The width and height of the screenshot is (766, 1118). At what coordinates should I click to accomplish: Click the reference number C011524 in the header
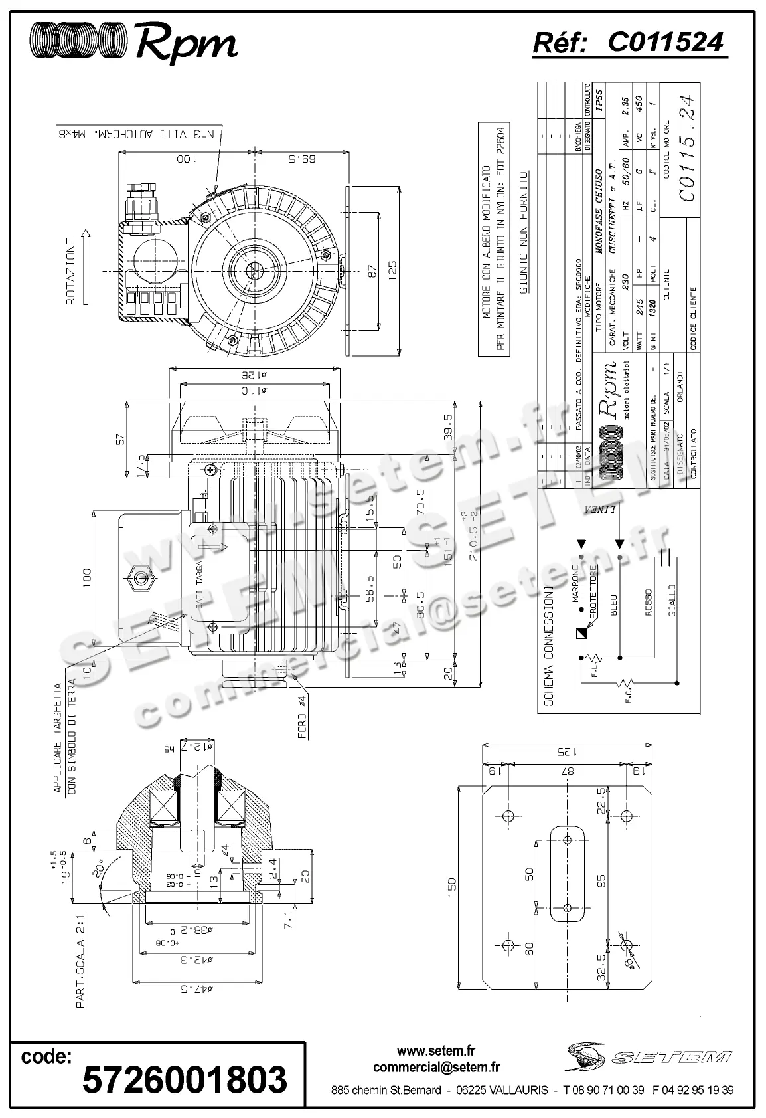665,43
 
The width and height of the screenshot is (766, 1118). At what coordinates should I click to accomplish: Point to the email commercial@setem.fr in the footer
436,1068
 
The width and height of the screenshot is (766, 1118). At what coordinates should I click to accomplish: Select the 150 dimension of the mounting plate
453,885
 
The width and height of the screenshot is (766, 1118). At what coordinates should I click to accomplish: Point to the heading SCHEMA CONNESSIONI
549,644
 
